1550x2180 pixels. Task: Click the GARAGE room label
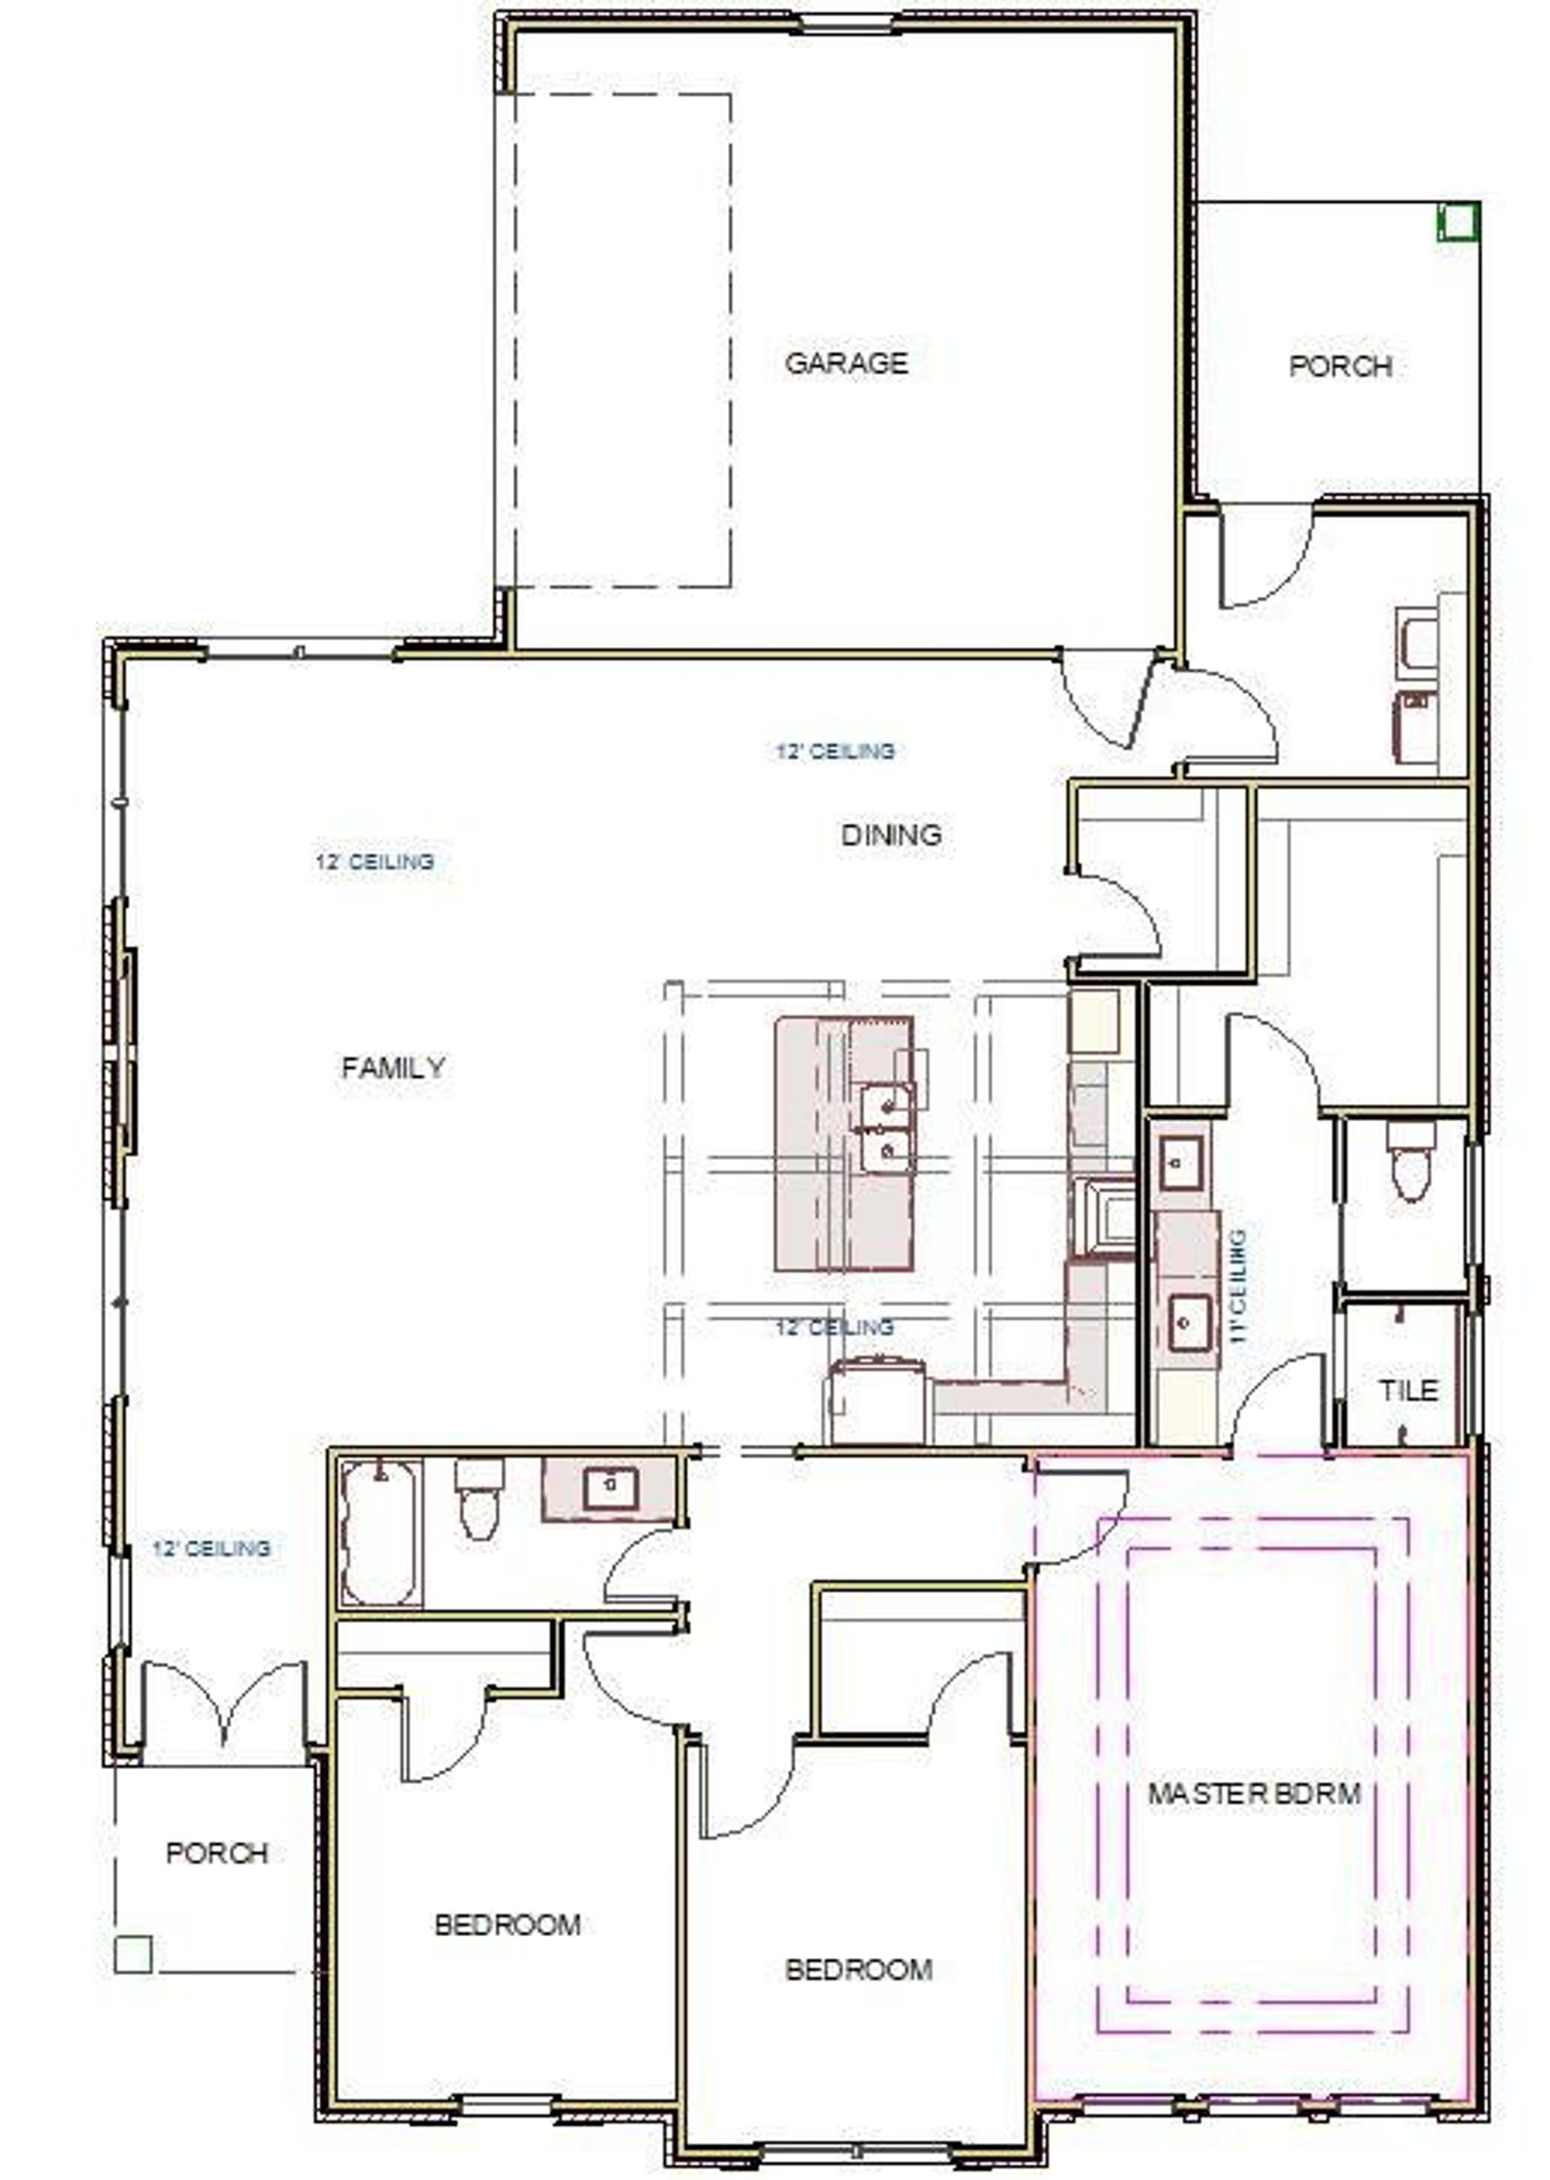pyautogui.click(x=845, y=362)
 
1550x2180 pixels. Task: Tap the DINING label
pyautogui.click(x=891, y=835)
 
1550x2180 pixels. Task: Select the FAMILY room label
pyautogui.click(x=394, y=1068)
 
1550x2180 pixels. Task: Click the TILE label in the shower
pyautogui.click(x=1408, y=1390)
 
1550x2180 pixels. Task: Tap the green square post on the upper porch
pyautogui.click(x=1458, y=222)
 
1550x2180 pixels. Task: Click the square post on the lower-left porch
pyautogui.click(x=132, y=1954)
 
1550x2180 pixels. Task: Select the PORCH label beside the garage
pyautogui.click(x=1340, y=365)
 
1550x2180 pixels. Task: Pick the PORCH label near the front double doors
pyautogui.click(x=216, y=1853)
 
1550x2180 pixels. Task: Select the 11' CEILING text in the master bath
pyautogui.click(x=1239, y=1286)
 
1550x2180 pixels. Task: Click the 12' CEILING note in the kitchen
pyautogui.click(x=835, y=1327)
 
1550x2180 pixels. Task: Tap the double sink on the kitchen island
pyautogui.click(x=887, y=1129)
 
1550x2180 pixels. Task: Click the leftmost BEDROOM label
pyautogui.click(x=508, y=1924)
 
